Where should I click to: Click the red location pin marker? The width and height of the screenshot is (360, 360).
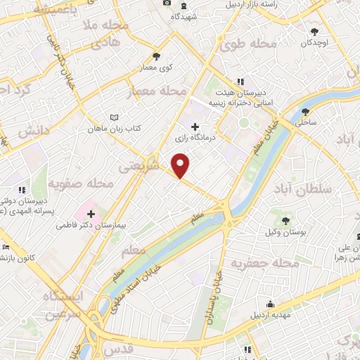click(x=181, y=166)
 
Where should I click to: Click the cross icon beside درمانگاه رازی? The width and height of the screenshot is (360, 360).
click(x=195, y=126)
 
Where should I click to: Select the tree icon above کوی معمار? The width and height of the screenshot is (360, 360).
click(x=156, y=57)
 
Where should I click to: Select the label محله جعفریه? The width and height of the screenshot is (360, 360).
click(x=270, y=263)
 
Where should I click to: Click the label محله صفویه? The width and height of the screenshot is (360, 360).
click(x=81, y=184)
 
